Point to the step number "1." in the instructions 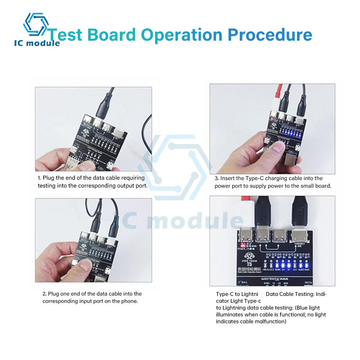(x=40, y=178)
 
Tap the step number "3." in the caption (x=217, y=178)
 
